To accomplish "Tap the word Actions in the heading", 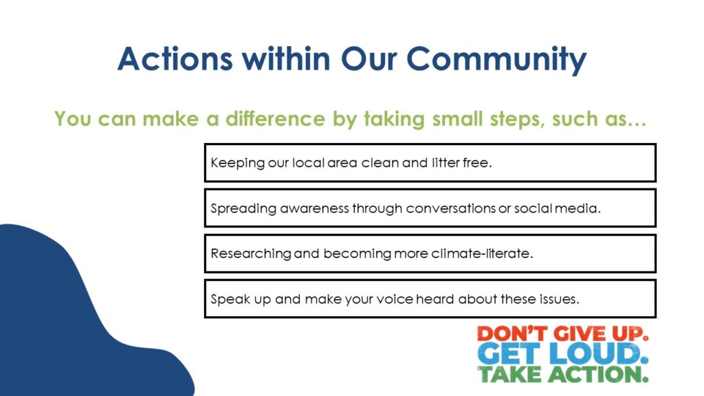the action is (175, 59).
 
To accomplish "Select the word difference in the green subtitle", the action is (275, 118).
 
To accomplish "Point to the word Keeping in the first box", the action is (237, 163).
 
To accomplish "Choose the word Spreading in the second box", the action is (243, 209).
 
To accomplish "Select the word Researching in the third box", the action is (251, 254).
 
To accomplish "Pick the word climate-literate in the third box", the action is (482, 254).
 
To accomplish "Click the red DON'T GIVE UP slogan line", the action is (562, 333).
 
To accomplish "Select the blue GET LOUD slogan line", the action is (562, 354).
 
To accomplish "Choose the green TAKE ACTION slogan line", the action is (562, 374).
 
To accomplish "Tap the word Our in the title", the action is (368, 59).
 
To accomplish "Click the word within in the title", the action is (287, 59).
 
